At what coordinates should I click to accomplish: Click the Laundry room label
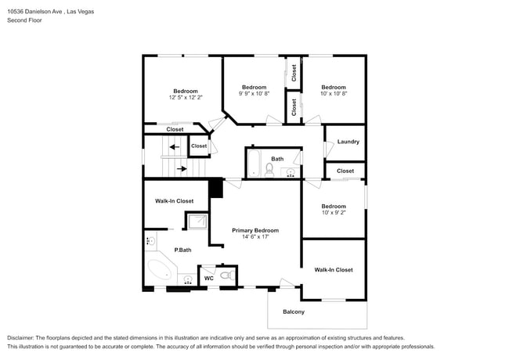[348, 142]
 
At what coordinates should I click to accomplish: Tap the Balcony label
[294, 312]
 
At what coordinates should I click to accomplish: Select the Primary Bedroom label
[255, 231]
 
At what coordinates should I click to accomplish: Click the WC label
[209, 279]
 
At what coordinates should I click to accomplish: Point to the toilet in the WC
[228, 275]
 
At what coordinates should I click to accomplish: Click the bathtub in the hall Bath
[254, 164]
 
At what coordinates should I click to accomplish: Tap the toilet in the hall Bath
[269, 170]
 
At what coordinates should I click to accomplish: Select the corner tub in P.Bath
[160, 270]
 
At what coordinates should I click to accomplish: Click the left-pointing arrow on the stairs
[175, 147]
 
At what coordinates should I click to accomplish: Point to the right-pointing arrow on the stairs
[182, 168]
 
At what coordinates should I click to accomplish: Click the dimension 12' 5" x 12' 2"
[186, 97]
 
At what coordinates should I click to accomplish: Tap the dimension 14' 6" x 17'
[255, 237]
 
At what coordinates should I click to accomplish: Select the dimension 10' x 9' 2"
[334, 213]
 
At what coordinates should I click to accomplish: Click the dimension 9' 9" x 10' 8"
[254, 93]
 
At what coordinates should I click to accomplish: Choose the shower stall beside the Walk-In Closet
[197, 221]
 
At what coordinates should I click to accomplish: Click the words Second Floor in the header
[24, 20]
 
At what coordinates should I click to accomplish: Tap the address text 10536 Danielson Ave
[34, 12]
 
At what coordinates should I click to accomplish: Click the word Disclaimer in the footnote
[20, 338]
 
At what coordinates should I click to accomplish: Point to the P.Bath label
[182, 250]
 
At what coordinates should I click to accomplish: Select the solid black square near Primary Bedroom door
[215, 188]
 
